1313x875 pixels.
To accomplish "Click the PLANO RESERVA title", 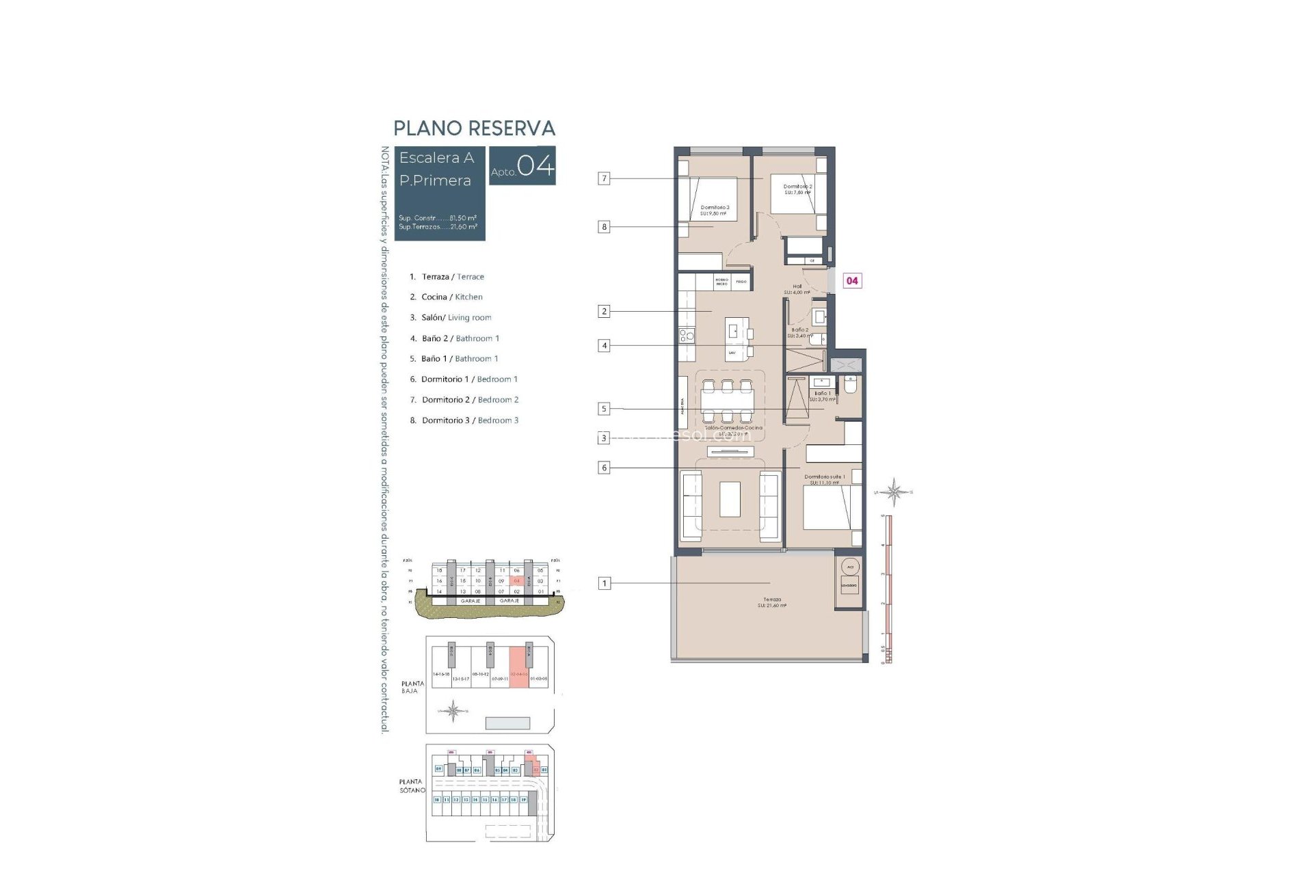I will (474, 129).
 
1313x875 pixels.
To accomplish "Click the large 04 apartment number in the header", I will (535, 165).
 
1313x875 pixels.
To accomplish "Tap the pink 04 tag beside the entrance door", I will (852, 280).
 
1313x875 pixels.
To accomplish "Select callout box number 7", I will (603, 178).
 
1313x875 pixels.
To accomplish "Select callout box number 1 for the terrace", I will (604, 583).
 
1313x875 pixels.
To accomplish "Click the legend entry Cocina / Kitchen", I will (451, 297).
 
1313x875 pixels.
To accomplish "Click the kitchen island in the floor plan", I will (737, 339).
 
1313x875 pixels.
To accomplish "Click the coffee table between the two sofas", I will (730, 499).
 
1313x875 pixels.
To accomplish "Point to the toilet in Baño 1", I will (851, 386).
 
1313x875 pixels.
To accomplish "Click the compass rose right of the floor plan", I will (893, 492).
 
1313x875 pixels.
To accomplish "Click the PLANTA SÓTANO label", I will (412, 785).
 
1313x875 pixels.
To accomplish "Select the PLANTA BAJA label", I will (412, 687).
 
